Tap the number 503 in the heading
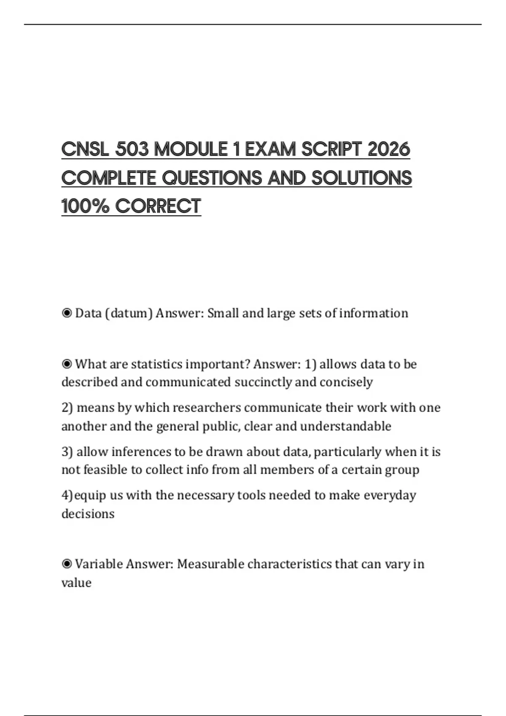[132, 150]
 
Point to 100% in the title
[86, 206]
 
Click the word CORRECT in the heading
[158, 206]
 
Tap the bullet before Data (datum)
[67, 313]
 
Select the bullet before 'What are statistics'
[67, 364]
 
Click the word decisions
[88, 514]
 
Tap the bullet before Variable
[67, 564]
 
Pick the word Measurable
[210, 564]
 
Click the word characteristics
[290, 564]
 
